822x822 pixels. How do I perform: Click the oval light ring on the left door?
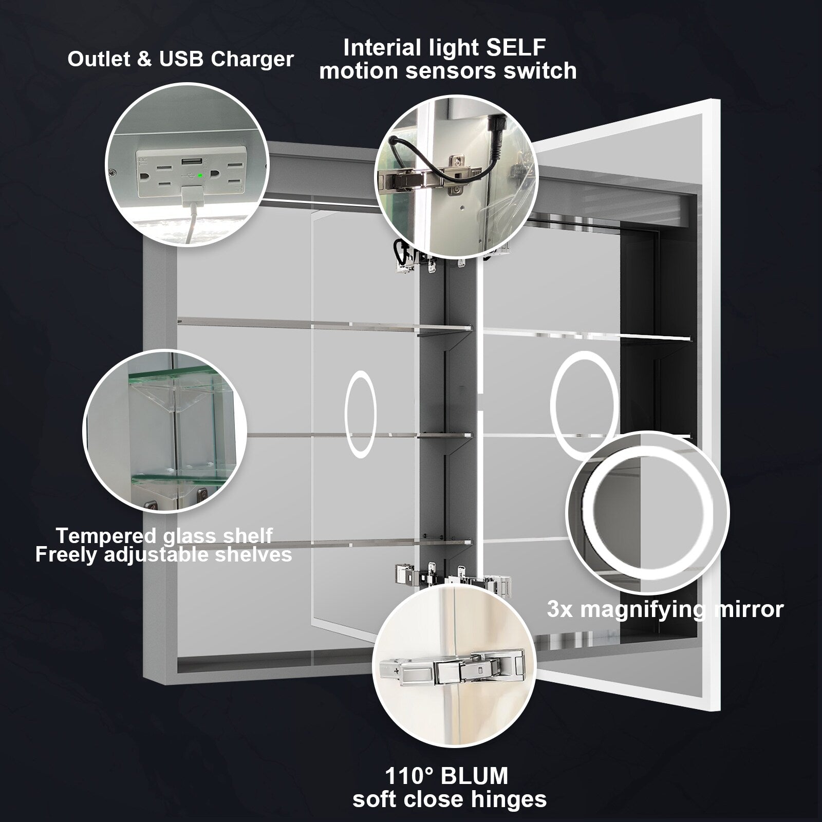pos(361,415)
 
